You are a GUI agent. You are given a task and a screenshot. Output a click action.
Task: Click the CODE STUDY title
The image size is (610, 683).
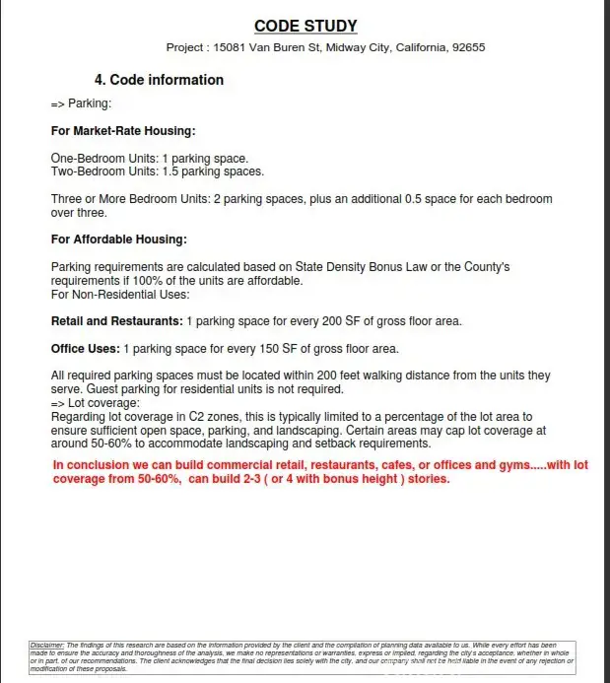point(305,26)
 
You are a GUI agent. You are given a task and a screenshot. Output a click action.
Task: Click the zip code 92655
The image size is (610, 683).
point(468,47)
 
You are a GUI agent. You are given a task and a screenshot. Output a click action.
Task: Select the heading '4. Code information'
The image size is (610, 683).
point(159,80)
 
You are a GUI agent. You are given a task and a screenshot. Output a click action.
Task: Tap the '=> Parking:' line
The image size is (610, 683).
point(81,103)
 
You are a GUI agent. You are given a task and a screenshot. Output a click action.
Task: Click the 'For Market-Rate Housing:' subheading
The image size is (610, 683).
point(123,131)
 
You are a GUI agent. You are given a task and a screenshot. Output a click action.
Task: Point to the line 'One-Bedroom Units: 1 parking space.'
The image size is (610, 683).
point(150,158)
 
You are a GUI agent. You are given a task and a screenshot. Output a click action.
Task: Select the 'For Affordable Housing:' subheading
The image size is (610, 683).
point(119,239)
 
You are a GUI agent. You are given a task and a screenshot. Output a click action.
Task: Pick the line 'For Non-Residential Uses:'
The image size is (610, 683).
point(120,294)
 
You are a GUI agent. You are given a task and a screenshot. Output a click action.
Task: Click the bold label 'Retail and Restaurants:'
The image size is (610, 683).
point(117,321)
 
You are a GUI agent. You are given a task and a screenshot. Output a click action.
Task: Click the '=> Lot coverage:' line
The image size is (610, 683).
point(96,403)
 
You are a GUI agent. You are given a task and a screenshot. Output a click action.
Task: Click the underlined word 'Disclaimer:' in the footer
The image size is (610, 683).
point(46,645)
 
